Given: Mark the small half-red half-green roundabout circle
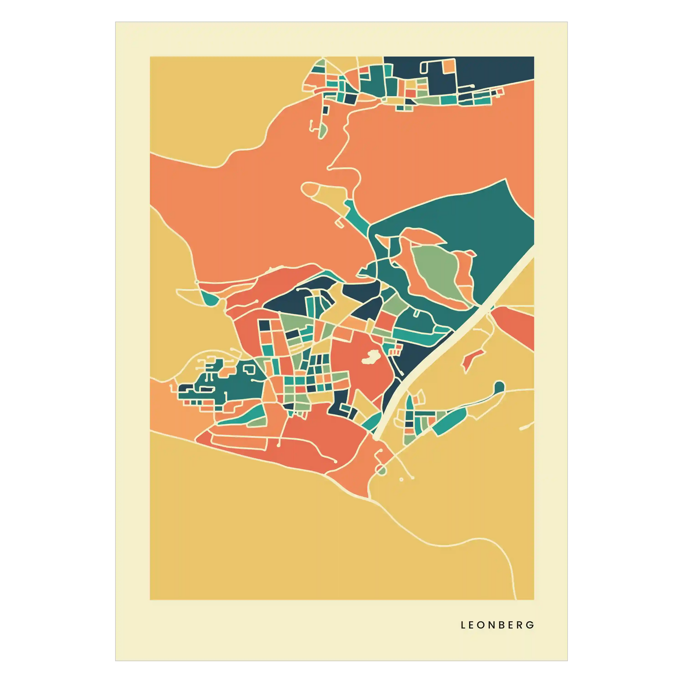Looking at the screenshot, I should tap(381, 470).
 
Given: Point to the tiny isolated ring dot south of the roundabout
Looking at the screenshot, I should tap(401, 480).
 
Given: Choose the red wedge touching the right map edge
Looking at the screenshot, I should tap(516, 325).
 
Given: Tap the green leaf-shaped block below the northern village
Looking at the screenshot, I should tap(322, 131).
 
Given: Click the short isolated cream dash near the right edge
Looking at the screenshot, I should tap(526, 427).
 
